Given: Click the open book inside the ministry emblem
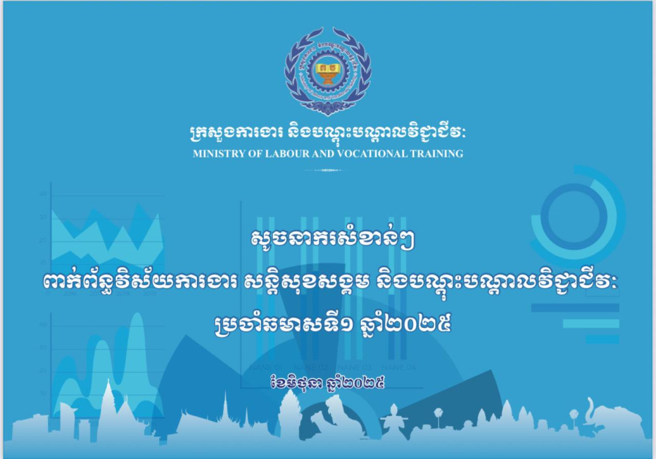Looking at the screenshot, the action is [x=327, y=67].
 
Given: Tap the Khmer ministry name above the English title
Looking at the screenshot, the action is [x=327, y=132].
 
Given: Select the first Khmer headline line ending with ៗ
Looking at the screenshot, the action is [x=332, y=240].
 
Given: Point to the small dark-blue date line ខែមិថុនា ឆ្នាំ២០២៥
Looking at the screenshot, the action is [x=327, y=382].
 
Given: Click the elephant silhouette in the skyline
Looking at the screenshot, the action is [x=615, y=418].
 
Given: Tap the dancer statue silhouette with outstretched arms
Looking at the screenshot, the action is [x=394, y=420].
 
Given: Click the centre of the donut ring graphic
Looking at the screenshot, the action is [x=574, y=216].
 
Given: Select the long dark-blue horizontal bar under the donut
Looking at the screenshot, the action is [x=575, y=307].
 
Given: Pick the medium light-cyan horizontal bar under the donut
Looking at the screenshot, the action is [x=591, y=323].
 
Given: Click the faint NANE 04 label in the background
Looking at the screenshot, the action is [x=399, y=367].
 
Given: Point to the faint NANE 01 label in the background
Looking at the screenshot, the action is [x=267, y=367].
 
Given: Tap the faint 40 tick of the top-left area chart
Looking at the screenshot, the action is [x=43, y=194].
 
